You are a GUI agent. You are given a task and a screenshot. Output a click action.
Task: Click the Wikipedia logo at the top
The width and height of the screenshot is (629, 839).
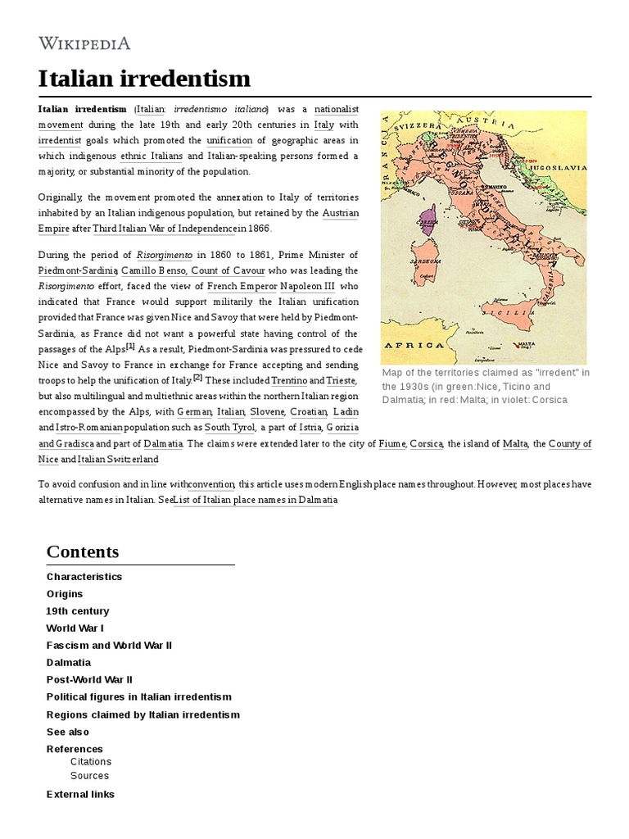pos(84,43)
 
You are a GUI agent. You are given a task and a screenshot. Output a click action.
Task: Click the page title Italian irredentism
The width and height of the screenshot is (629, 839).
pos(144,79)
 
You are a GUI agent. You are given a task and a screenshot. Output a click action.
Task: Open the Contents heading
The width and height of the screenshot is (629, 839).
pos(83,551)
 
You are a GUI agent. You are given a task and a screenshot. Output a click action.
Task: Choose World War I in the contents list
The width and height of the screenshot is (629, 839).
pos(75,628)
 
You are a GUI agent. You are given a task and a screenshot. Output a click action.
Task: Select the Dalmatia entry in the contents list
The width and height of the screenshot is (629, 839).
pos(69,663)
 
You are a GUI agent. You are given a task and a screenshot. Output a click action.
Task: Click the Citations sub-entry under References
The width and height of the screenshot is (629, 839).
pos(90,762)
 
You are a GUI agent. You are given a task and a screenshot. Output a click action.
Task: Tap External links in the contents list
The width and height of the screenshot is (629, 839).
pos(80,794)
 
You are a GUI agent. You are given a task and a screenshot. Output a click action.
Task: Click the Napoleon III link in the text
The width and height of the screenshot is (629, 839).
pos(308,286)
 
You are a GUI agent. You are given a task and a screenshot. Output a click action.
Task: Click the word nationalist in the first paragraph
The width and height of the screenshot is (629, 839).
pos(337,110)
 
